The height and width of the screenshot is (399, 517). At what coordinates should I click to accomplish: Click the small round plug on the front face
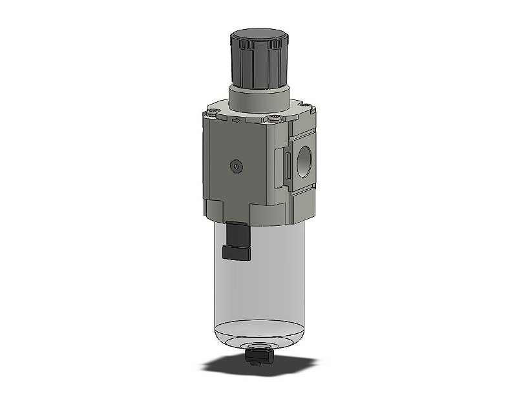pyautogui.click(x=236, y=167)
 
